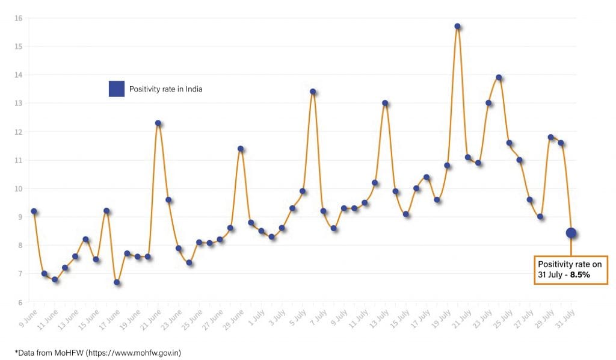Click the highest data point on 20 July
coord(458,26)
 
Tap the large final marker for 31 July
coord(571,233)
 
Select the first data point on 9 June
coord(34,211)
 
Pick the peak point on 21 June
coord(158,123)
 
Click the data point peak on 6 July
coord(313,92)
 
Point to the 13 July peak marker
coord(385,103)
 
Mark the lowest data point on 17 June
coord(117,282)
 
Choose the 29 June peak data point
coord(241,149)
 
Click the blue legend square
coord(116,89)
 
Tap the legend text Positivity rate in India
coord(165,90)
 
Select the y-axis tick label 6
coord(20,302)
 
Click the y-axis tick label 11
coord(19,160)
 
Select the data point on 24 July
coord(499,78)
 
